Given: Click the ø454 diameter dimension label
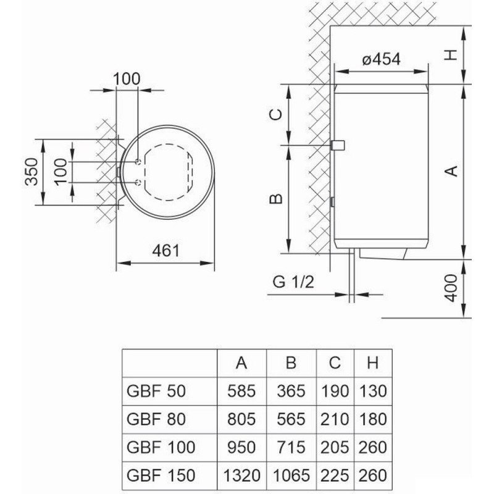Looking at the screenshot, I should pos(382,59).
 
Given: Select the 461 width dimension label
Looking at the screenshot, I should pos(165,251).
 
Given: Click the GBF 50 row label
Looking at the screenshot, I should pos(155,391).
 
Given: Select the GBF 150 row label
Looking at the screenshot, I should pos(160,475).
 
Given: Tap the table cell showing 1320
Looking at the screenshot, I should pos(242,475).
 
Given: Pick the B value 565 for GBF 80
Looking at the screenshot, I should pos(291,419).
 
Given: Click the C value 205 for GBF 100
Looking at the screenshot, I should pos(334,447).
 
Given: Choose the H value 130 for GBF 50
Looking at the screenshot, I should pos(372,391).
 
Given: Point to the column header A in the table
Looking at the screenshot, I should pos(242,363).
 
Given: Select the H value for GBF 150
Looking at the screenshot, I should pos(372,475).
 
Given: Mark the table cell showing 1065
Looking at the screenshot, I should pos(291,475).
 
